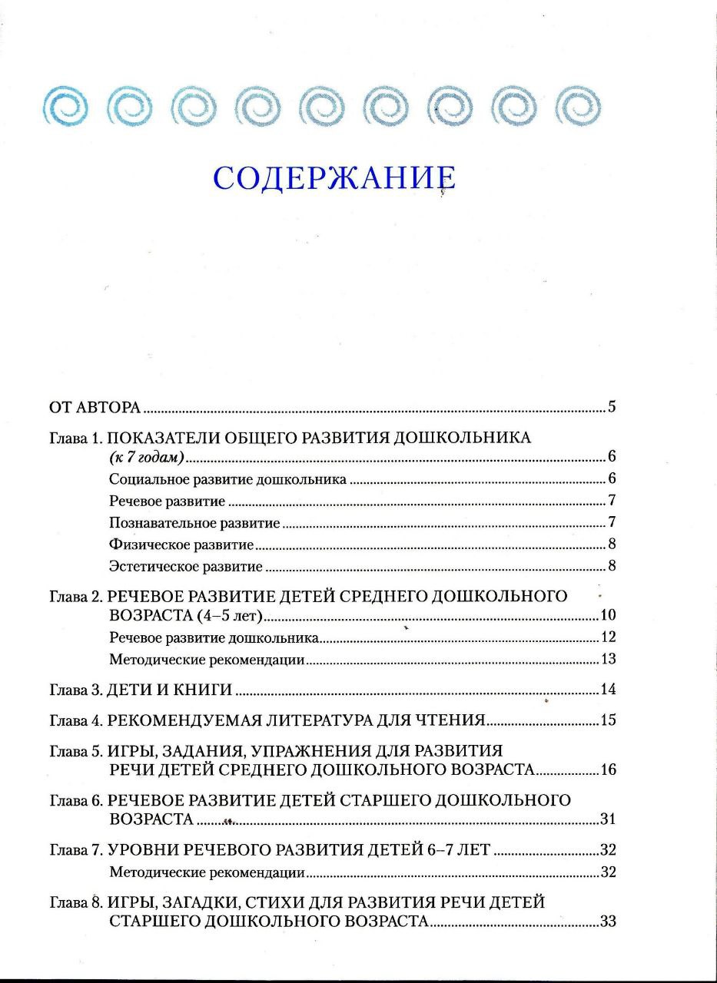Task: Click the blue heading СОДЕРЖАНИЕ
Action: tap(334, 177)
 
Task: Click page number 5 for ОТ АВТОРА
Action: tap(612, 407)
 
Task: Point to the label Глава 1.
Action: tap(75, 439)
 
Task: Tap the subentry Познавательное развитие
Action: tap(194, 524)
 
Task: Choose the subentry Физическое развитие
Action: tap(181, 545)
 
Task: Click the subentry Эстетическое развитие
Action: tap(186, 567)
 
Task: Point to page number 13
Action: tap(609, 659)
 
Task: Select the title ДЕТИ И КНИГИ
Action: tap(170, 689)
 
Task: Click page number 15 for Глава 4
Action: tap(609, 720)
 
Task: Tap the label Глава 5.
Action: tap(75, 750)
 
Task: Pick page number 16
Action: tap(609, 770)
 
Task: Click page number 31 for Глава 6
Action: tap(609, 819)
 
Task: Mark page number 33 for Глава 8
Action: tap(609, 922)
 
